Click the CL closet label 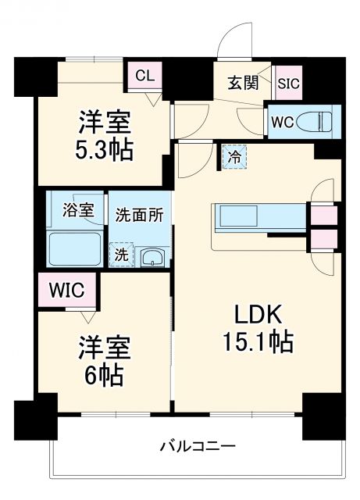tap(145, 76)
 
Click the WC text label tap(282, 123)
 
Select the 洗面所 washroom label tap(139, 213)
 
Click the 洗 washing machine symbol tap(121, 254)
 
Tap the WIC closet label tap(66, 290)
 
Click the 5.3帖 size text tap(103, 149)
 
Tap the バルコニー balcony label tap(197, 447)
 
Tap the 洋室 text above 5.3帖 tap(103, 122)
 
